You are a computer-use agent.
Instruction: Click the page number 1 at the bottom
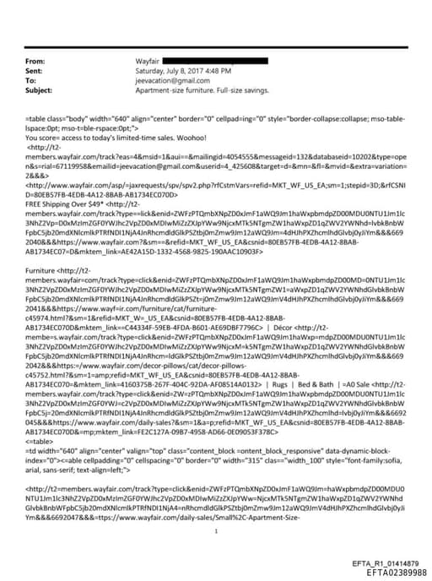(216, 508)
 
